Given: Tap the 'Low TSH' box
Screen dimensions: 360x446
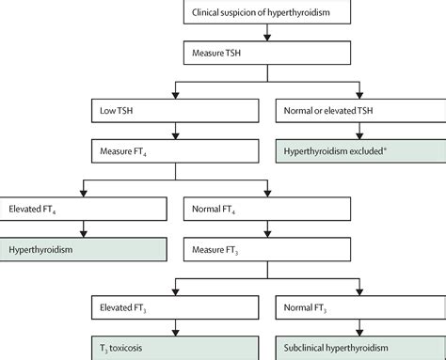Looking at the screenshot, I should (178, 111).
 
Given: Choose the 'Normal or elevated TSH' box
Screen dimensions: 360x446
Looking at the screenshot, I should (358, 111).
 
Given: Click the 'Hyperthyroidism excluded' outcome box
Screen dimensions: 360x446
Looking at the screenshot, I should (358, 149).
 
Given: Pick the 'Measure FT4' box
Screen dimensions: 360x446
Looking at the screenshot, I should (178, 149).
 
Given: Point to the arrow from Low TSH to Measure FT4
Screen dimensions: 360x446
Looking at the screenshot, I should (178, 131).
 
